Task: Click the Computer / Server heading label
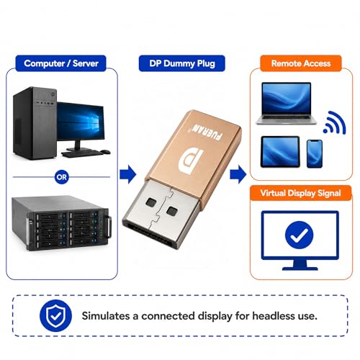coord(60,63)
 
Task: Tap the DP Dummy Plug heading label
coord(182,63)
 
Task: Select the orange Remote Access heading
coord(301,63)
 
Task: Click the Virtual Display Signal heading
coord(300,193)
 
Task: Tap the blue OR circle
coord(62,177)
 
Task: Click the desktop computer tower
coord(35,123)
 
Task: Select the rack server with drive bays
coord(62,223)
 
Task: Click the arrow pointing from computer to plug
coord(128,174)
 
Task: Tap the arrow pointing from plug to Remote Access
coord(238,174)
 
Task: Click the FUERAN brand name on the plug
coord(207,132)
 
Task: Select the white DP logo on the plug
coord(192,161)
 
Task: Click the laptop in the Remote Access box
coord(287,104)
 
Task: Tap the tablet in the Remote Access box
coord(280,152)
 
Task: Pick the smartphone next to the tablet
coord(315,154)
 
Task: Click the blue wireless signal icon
coord(334,122)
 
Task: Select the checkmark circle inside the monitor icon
coord(299,235)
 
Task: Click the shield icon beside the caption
coord(55,315)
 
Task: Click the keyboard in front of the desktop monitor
coord(81,153)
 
